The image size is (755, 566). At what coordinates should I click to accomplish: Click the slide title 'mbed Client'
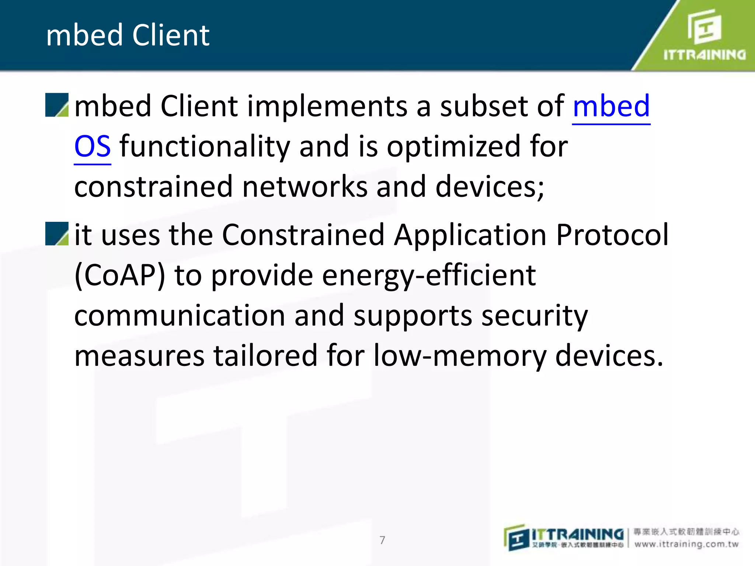(x=128, y=35)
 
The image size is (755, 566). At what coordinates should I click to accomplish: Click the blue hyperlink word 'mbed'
(x=611, y=106)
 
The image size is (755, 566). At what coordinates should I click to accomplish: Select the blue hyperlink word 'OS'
(x=92, y=146)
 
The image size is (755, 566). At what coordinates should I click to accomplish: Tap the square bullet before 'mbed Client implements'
(x=57, y=105)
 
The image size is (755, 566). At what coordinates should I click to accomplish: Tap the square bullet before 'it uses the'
(x=57, y=234)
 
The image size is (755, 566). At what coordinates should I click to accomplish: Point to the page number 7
(x=382, y=540)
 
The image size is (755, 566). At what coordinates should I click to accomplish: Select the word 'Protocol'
(x=612, y=235)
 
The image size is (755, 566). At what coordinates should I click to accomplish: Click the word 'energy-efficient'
(x=429, y=276)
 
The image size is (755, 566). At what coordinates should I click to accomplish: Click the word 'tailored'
(x=265, y=356)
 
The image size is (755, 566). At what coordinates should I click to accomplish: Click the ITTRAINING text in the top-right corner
(x=704, y=55)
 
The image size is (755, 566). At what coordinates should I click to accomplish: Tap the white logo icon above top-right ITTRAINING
(x=704, y=27)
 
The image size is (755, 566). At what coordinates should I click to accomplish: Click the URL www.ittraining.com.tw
(x=686, y=544)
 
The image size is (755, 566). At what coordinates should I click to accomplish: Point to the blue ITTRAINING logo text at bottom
(x=577, y=534)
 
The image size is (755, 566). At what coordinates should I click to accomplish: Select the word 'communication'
(x=180, y=316)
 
